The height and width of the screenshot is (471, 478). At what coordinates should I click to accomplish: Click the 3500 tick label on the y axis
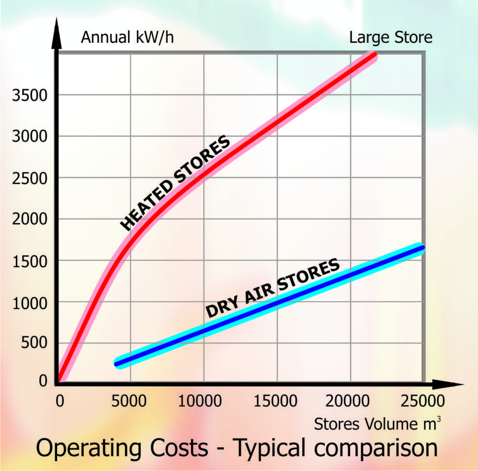tap(30, 95)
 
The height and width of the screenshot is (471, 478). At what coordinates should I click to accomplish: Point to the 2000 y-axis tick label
tap(30, 220)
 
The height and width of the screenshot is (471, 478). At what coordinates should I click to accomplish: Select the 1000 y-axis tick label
tap(30, 303)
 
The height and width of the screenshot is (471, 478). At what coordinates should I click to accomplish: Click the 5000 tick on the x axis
tap(130, 401)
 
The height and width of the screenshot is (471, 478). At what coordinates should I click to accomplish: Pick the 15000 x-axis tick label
tap(277, 401)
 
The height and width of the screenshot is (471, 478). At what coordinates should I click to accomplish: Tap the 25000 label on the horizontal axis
tap(424, 401)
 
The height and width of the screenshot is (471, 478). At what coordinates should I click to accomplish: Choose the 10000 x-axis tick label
tap(204, 401)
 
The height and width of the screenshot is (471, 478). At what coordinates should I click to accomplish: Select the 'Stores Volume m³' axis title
tap(377, 424)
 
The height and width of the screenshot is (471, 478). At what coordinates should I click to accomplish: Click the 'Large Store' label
tap(391, 37)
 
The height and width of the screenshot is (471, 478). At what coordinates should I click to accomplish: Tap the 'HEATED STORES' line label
tap(175, 183)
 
